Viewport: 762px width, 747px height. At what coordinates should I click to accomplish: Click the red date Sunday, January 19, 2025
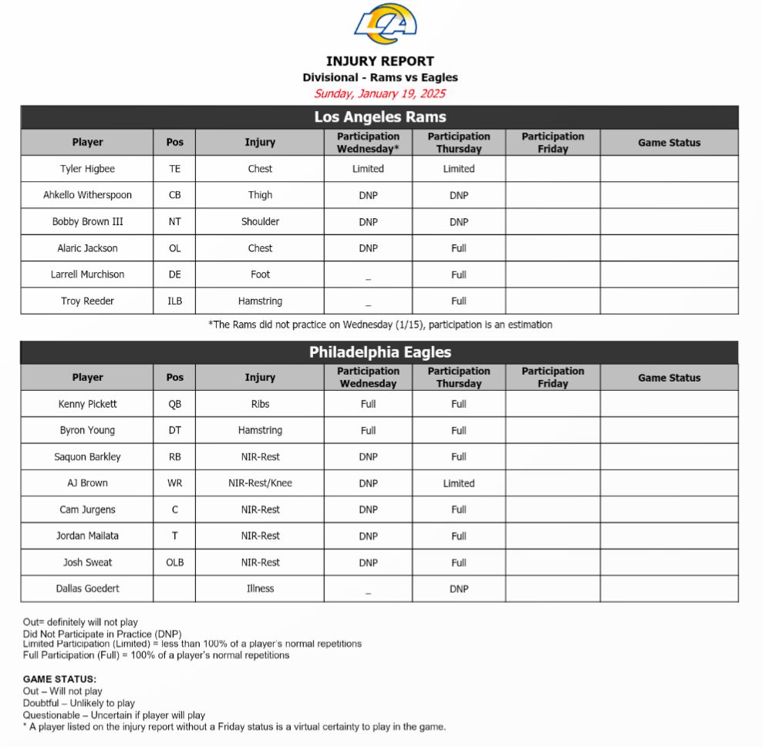coord(379,94)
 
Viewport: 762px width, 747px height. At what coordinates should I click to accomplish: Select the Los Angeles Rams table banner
coord(379,117)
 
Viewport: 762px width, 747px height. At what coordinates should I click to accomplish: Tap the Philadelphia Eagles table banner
coord(379,352)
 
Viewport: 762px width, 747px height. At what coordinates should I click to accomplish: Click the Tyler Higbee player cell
coord(87,169)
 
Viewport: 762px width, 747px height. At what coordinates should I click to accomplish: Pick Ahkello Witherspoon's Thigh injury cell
coord(260,195)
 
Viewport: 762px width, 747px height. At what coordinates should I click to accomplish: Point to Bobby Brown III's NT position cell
coord(175,221)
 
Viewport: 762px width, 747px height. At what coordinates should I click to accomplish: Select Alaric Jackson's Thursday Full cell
coord(459,248)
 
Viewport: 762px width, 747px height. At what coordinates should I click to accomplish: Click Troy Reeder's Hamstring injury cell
coord(260,301)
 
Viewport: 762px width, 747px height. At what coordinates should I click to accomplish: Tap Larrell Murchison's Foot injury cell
coord(260,274)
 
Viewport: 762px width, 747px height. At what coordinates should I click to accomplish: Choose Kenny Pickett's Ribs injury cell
coord(260,404)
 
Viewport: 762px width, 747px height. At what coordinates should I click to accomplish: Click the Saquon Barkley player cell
coord(87,456)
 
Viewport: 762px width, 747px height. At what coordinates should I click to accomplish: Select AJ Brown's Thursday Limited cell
coord(459,483)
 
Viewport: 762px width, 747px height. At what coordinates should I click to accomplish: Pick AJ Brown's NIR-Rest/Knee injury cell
coord(260,483)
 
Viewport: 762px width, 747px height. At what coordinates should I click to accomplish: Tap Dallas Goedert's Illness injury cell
coord(260,588)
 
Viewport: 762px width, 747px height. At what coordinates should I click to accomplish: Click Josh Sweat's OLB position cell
coord(175,562)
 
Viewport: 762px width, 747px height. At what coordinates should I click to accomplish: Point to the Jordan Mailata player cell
coord(87,536)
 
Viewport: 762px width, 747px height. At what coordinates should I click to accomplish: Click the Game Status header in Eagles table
coord(669,378)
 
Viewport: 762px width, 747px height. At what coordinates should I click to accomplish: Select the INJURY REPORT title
coord(379,62)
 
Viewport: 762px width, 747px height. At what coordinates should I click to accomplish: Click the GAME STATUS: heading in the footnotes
coord(59,679)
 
